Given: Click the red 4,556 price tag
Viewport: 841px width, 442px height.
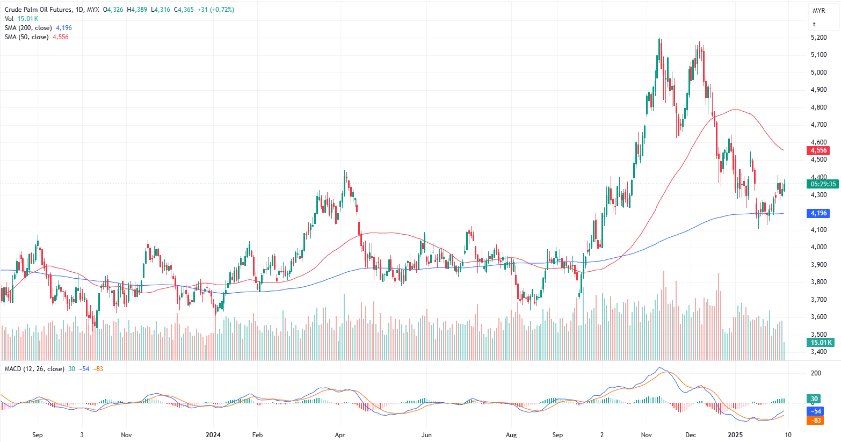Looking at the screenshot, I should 818,150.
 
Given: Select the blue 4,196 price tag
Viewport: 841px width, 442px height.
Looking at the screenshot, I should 818,213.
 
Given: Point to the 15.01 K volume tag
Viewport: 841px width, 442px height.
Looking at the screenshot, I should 821,343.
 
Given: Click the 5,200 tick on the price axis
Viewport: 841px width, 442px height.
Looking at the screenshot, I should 818,38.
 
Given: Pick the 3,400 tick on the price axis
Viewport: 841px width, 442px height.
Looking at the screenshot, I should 818,352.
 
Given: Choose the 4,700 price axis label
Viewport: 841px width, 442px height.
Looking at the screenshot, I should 818,125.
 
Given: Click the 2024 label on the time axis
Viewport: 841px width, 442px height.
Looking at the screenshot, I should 213,434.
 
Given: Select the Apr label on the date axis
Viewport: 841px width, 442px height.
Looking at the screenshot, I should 340,434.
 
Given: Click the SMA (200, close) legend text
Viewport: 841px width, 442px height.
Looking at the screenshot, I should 28,28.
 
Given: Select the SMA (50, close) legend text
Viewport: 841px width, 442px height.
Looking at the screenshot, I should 26,37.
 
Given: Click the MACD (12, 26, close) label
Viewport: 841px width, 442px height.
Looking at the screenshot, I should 34,369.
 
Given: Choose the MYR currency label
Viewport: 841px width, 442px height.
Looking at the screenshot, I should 818,11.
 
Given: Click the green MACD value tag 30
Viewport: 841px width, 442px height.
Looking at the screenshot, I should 815,399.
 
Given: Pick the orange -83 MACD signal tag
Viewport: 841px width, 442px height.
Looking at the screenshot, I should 817,420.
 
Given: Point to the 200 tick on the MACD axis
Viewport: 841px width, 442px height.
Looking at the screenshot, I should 816,373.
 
